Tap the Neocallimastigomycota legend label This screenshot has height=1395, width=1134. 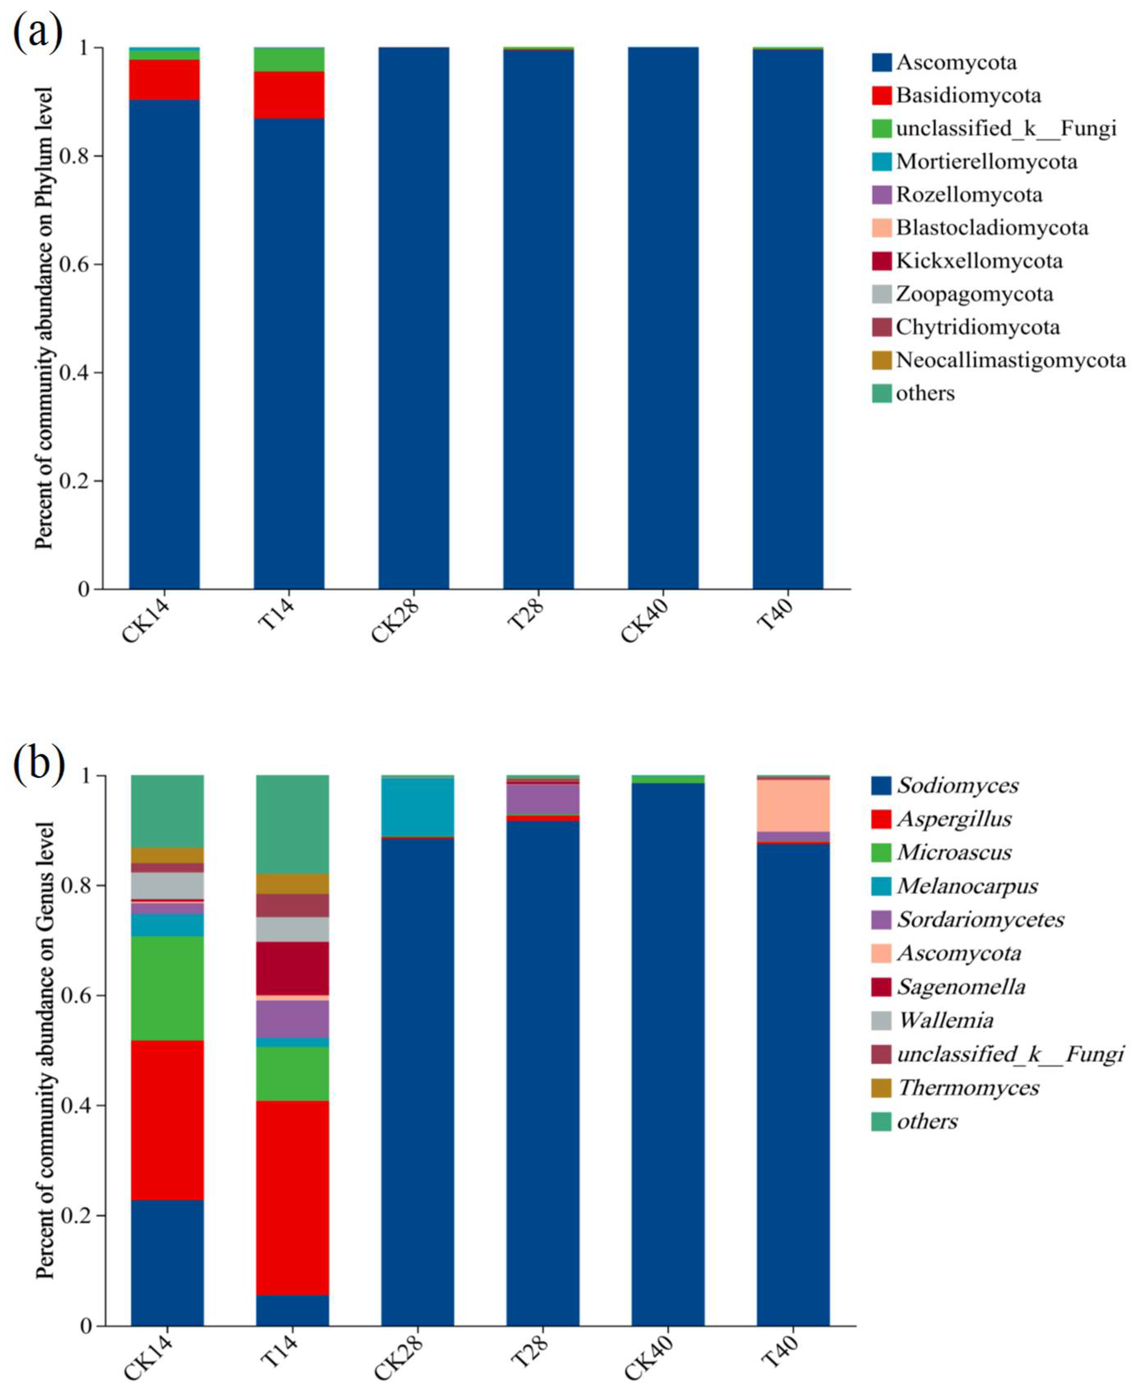click(1010, 360)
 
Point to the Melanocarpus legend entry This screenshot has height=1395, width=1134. click(967, 885)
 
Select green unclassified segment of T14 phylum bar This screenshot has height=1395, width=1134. click(289, 60)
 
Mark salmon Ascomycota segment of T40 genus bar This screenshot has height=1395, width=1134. click(793, 805)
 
